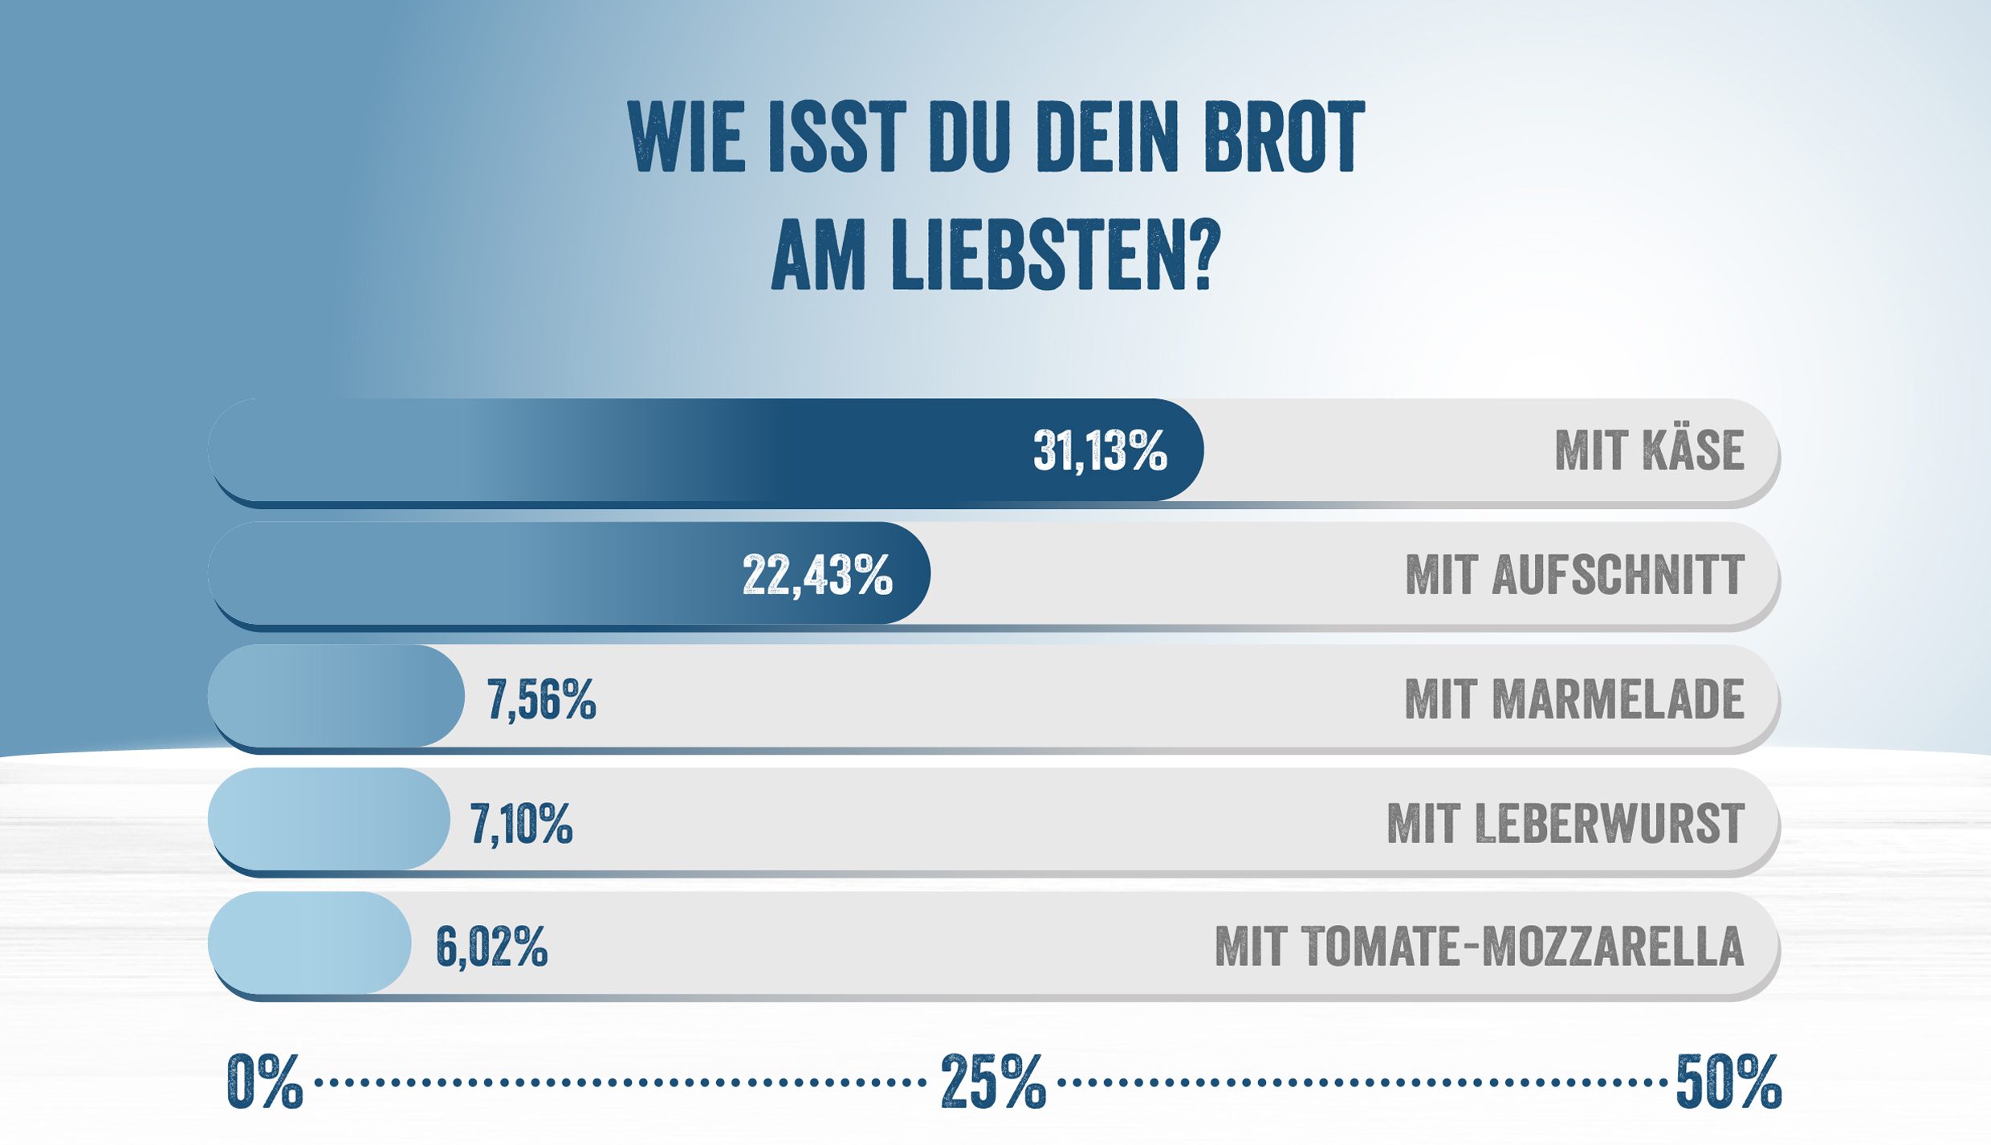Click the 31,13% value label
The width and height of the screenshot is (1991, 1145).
1099,450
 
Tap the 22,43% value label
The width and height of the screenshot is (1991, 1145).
816,575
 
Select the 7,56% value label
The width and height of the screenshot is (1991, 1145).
541,699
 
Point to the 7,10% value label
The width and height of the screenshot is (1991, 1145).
521,824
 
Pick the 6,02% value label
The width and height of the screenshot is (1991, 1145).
491,947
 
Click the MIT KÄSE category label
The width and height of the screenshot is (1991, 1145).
1649,450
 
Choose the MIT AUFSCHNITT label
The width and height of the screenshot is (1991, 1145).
1574,575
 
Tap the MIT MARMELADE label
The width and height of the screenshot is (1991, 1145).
1574,699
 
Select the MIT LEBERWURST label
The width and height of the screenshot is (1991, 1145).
1566,824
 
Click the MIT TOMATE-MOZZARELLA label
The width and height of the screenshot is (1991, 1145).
1479,947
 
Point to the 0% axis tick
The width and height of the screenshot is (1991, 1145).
264,1082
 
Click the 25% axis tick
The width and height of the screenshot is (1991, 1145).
993,1082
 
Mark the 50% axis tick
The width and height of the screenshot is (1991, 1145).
1728,1082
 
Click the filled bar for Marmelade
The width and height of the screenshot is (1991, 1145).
336,696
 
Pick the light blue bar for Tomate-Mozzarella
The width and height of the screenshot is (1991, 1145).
309,943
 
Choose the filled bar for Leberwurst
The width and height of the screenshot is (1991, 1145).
328,819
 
